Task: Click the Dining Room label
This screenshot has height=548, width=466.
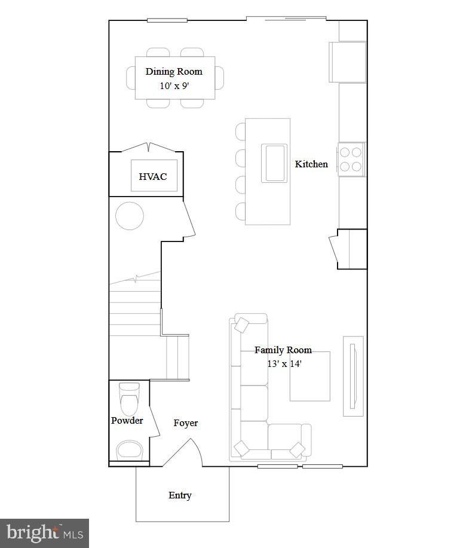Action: pos(174,72)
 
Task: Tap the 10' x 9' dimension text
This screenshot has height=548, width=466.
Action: pos(174,85)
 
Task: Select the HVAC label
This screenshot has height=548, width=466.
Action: pos(153,177)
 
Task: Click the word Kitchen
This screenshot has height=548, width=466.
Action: pos(311,164)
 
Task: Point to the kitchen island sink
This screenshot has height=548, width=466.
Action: pos(275,163)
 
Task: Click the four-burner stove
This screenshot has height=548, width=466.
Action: pos(351,159)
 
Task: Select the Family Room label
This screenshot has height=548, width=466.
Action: pos(283,350)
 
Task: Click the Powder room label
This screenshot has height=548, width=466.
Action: pos(127,421)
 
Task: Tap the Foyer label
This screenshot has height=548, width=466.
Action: pos(186,423)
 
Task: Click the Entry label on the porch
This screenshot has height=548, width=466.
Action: pos(180,495)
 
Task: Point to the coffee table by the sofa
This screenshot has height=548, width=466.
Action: pos(310,376)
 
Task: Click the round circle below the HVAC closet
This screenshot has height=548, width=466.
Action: pos(130,216)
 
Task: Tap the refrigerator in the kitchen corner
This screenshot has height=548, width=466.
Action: pos(348,62)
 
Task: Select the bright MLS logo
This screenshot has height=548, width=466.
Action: pos(44,532)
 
